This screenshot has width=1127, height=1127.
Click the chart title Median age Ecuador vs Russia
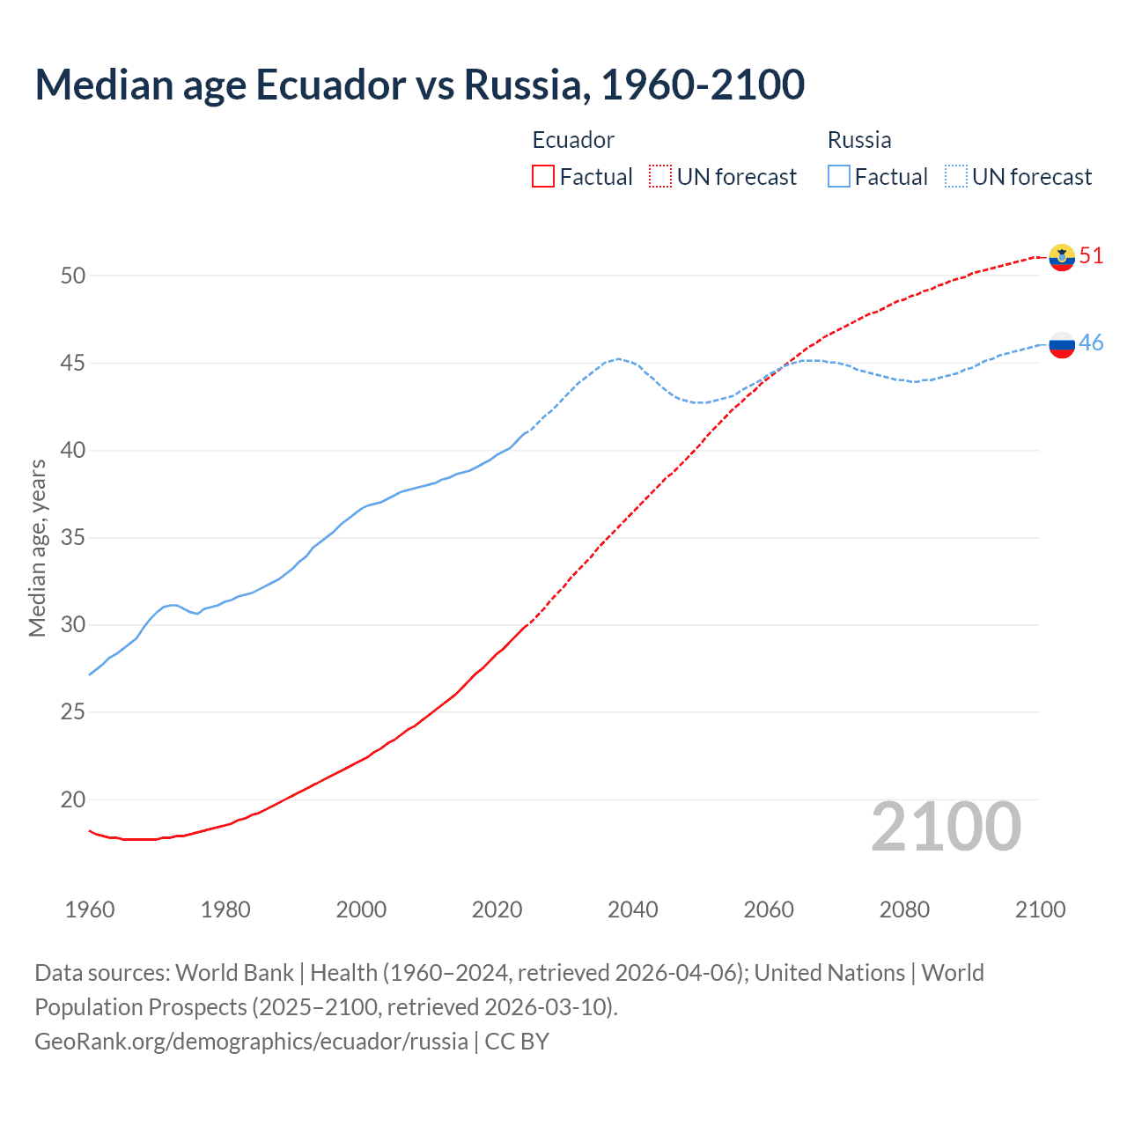click(x=419, y=85)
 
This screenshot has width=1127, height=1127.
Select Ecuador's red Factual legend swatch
click(x=543, y=177)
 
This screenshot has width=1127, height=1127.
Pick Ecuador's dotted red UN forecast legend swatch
click(x=660, y=177)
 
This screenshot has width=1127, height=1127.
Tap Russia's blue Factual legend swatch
click(x=839, y=177)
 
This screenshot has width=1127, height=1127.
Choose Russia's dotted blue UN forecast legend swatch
click(x=956, y=177)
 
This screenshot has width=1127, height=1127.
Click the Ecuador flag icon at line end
click(x=1062, y=257)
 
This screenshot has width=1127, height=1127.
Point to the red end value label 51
click(x=1091, y=256)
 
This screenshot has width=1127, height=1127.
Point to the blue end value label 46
click(x=1091, y=343)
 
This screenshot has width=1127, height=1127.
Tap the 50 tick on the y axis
click(x=73, y=276)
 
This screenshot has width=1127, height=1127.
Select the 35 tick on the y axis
click(x=73, y=538)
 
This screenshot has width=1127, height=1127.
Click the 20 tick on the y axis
click(x=73, y=800)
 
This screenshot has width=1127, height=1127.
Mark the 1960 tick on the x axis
click(x=90, y=910)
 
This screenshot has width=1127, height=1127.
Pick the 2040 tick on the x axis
click(x=633, y=910)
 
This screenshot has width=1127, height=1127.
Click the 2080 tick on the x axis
click(x=904, y=910)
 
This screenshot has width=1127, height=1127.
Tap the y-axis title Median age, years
click(x=38, y=548)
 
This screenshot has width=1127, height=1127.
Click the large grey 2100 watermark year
click(x=946, y=827)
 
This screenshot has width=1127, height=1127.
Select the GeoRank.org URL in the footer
click(x=251, y=1042)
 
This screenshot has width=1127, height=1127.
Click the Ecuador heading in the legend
click(x=573, y=140)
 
